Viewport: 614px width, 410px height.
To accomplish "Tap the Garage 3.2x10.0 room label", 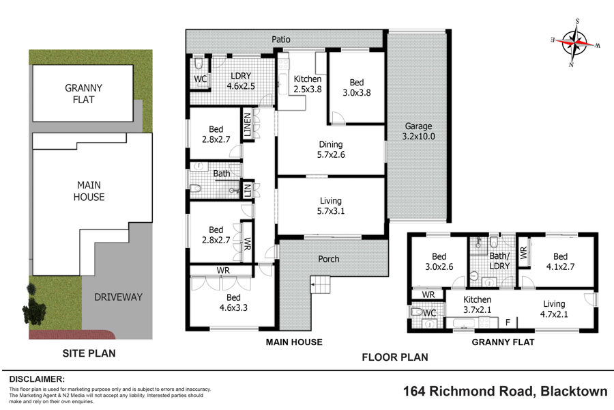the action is pos(418,131).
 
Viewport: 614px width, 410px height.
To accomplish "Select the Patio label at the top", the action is pos(281,39).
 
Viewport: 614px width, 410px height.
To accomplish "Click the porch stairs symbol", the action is pos(321,284).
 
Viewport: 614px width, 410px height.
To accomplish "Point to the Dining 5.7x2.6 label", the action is pos(331,150).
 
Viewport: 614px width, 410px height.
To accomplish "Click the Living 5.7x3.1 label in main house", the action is pos(331,206).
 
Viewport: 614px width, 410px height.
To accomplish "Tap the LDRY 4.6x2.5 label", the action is pos(241,81).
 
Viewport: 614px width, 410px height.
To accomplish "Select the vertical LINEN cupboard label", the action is pos(247,125).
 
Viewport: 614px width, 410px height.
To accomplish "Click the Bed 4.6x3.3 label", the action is pos(233,303).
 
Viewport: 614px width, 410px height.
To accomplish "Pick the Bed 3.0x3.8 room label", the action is pos(357,87).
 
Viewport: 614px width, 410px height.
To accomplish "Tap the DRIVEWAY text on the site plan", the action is pos(118,297).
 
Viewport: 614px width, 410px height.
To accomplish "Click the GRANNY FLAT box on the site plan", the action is pos(83,94).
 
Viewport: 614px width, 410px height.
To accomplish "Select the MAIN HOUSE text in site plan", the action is pos(89,191).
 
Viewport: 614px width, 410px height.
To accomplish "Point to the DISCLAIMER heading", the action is pos(37,379).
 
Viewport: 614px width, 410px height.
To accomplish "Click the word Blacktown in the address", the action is pos(574,391).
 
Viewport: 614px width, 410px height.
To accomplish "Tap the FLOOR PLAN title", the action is pos(395,357).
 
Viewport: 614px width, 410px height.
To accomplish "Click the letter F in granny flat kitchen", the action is pos(508,323).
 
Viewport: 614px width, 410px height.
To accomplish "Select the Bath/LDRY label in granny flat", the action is pos(499,261).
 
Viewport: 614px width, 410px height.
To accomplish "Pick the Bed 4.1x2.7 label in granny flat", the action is pos(560,262).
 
